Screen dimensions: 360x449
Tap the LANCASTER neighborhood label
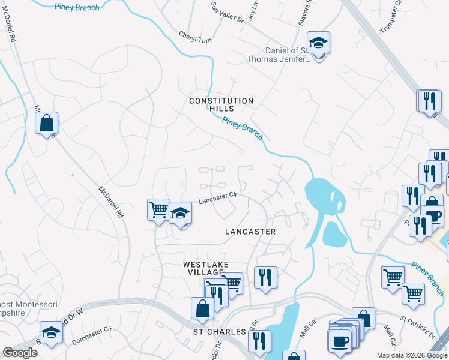(x=250, y=232)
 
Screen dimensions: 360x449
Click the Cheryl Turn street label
(x=196, y=35)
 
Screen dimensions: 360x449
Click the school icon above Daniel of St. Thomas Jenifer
(x=318, y=43)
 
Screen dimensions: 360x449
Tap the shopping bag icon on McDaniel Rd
(x=46, y=124)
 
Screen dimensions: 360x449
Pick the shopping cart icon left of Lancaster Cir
(x=158, y=210)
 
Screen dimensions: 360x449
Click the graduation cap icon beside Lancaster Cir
(x=180, y=214)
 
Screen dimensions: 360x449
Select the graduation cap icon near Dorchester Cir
(x=51, y=333)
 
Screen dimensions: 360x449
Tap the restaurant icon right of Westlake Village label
(x=265, y=278)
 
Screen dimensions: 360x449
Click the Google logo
(x=20, y=353)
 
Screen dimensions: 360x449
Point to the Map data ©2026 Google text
(x=412, y=355)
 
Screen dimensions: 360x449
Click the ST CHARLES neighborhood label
(x=220, y=332)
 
